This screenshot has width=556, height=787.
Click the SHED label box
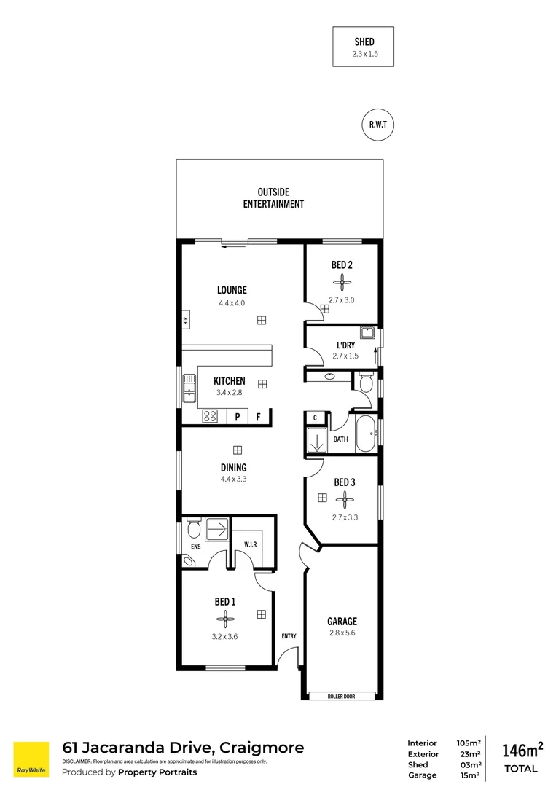363,47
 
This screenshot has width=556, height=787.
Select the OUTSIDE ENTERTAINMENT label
273,198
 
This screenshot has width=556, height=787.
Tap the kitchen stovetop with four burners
210,417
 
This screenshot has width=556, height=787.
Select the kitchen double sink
189,388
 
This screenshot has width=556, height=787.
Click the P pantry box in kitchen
237,417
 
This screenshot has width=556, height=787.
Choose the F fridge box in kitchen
258,417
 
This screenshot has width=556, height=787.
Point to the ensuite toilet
192,528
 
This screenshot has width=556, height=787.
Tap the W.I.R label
249,544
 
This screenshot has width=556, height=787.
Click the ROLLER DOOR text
342,697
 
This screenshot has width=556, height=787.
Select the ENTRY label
289,636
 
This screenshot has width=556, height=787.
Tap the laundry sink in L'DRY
369,334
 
